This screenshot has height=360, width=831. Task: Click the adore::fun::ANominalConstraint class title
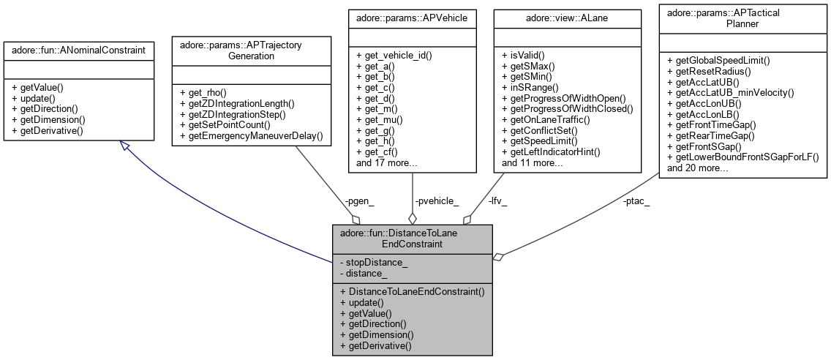[x=78, y=50]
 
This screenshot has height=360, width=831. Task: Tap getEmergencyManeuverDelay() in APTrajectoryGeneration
[x=251, y=136]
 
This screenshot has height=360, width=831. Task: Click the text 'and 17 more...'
[x=386, y=163]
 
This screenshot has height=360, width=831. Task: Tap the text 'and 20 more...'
[x=697, y=168]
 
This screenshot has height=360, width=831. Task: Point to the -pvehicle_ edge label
[x=437, y=200]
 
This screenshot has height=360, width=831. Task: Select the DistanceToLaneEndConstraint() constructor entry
[x=412, y=291]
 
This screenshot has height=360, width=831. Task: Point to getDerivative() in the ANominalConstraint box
[x=48, y=130]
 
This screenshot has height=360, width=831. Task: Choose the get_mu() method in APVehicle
[x=380, y=119]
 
